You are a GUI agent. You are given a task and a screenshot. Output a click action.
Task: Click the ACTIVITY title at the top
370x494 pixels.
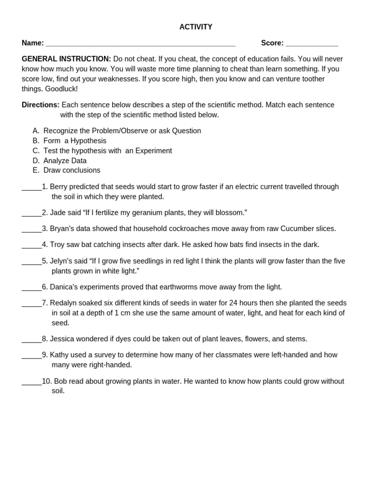196,27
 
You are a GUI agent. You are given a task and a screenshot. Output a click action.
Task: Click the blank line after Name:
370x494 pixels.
140,44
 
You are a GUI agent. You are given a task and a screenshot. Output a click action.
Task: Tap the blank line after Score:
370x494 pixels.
312,44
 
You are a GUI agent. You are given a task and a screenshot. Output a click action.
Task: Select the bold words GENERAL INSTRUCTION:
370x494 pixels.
66,59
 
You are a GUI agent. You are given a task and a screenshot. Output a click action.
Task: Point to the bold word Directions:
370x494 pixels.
40,105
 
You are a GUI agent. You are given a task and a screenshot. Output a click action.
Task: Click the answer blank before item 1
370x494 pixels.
31,188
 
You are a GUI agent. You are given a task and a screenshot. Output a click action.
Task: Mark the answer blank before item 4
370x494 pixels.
31,246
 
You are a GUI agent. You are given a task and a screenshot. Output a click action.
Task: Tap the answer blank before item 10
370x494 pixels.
31,382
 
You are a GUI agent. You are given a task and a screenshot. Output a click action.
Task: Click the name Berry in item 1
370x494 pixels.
59,187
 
